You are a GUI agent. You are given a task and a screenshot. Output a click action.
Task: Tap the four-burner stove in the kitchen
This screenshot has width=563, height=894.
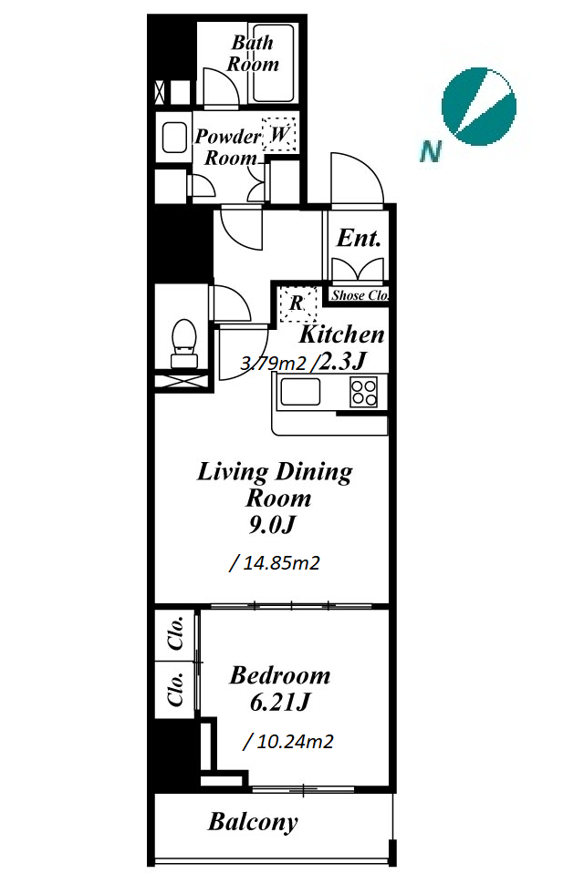coord(364,392)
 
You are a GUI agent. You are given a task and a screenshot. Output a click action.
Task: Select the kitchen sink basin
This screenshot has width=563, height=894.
coord(299,392)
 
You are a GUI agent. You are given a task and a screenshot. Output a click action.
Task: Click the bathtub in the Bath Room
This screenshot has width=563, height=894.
coord(274,63)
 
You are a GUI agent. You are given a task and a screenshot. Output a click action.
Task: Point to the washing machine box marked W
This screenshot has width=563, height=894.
coord(278,135)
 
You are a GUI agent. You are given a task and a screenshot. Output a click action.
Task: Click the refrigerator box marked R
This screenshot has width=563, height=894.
coord(297,303)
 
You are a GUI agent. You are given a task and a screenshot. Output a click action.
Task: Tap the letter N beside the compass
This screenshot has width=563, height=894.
coord(431,151)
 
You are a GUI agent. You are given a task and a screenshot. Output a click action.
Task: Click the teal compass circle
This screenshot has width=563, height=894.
coord(479,107)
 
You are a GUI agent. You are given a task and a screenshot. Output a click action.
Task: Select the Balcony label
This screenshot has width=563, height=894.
coord(253,822)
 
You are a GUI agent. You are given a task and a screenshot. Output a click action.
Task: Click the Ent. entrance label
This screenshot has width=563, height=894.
coord(359,239)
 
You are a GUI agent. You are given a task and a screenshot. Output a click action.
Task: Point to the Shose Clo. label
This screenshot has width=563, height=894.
coord(360,295)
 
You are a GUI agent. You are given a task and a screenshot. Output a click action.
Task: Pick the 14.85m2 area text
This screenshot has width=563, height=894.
coord(275,563)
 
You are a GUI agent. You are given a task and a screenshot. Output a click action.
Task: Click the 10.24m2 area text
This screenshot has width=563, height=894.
coord(288,742)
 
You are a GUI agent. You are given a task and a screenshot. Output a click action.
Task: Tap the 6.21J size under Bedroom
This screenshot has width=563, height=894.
coord(280,703)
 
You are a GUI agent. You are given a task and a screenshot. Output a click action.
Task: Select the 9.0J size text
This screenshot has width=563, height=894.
coord(272,525)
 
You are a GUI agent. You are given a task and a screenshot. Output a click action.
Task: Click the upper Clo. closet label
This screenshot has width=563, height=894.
coord(176,632)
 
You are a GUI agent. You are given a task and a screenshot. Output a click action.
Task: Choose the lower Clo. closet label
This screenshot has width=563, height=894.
coord(176,689)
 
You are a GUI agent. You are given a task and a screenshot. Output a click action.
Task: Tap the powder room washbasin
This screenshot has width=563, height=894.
coord(174,138)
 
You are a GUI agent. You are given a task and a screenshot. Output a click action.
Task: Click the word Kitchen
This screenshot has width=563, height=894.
coord(341,334)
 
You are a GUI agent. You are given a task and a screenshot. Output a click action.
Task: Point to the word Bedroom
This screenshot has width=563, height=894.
coord(280,675)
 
